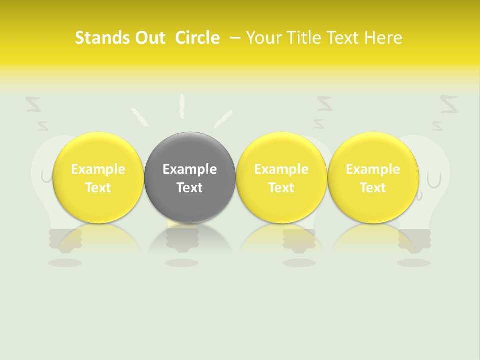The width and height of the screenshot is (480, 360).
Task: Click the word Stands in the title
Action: pos(101,38)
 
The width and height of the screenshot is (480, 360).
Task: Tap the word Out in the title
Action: pos(149,38)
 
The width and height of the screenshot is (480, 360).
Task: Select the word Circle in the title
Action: pos(197,38)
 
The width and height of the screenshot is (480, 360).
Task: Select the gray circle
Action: pos(190,177)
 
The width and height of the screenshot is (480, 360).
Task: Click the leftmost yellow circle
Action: pos(98,177)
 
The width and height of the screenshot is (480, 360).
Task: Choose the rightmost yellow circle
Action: pos(373,177)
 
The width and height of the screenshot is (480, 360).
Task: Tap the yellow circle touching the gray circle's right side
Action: pos(281,177)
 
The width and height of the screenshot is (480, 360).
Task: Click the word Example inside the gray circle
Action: pos(190,169)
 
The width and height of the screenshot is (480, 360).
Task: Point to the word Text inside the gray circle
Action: pos(190,188)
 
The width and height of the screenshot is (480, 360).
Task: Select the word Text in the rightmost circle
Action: pos(373,188)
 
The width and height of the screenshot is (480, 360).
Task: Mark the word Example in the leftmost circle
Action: pos(98,169)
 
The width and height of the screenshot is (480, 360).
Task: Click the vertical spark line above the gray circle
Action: pos(182,106)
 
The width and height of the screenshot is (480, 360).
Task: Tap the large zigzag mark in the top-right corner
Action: pos(448,104)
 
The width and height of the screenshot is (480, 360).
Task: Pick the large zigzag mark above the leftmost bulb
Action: pos(33,104)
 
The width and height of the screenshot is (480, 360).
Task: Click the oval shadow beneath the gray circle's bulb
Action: pos(182,262)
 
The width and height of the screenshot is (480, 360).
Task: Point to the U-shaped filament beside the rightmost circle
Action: pos(434,179)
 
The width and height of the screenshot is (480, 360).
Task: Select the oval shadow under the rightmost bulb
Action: pos(413,262)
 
